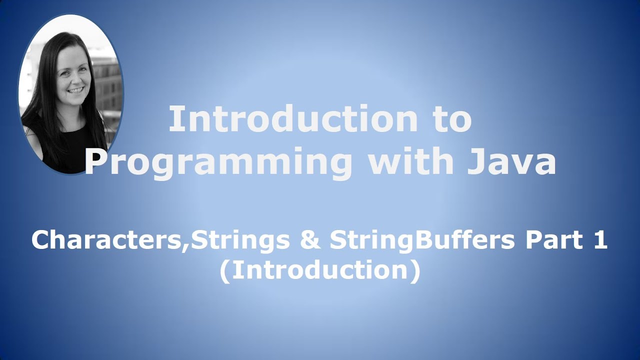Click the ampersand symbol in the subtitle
click(310, 240)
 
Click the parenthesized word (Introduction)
click(319, 270)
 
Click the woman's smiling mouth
click(76, 91)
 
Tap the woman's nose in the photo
click(75, 80)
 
